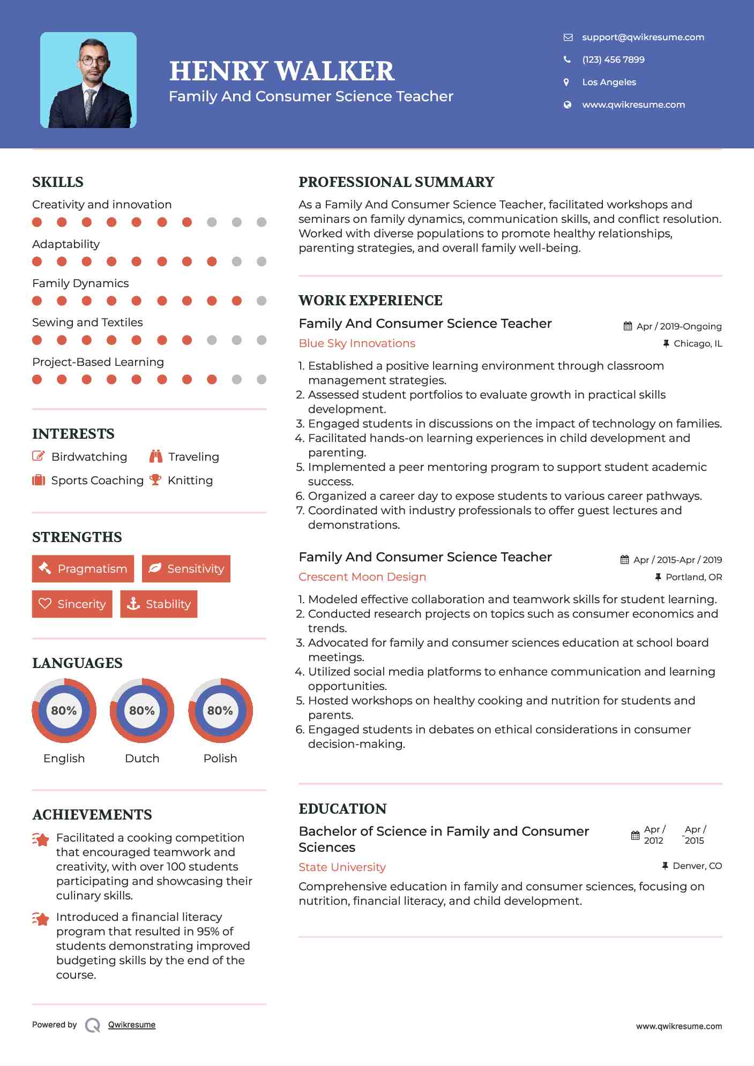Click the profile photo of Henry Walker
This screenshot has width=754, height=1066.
tap(88, 80)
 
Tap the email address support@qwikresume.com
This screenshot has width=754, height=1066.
tap(643, 37)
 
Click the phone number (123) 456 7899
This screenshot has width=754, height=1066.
tap(613, 59)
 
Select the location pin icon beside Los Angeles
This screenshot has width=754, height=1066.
tap(566, 82)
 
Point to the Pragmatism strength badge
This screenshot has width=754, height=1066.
tap(83, 568)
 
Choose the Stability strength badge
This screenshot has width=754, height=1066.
tap(159, 604)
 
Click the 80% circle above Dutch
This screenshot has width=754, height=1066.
tap(142, 710)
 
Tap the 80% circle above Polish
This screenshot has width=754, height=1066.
tap(220, 710)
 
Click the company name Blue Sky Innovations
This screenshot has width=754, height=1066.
tap(357, 343)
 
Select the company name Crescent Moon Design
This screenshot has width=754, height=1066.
tap(362, 577)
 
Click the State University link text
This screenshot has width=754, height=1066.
tap(342, 867)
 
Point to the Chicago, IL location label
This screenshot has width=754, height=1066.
tap(697, 343)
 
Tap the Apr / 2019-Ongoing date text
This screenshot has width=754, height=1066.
tap(678, 326)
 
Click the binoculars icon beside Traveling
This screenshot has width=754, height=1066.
tap(156, 456)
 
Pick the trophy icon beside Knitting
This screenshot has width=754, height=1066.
tap(155, 480)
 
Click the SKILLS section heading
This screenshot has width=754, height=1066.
tap(58, 182)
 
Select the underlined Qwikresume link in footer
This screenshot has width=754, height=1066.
tap(132, 1025)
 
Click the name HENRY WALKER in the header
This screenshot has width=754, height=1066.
tap(282, 71)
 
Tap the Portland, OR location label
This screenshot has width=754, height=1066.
tap(693, 577)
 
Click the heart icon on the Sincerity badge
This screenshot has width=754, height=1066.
tap(45, 604)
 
